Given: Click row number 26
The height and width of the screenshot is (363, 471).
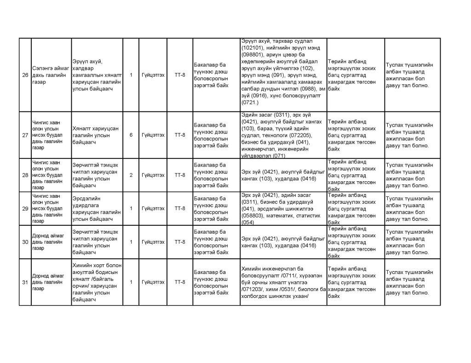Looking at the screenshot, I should click(x=25, y=75).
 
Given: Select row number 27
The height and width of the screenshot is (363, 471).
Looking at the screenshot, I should click(x=25, y=135).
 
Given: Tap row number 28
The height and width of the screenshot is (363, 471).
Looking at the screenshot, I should click(x=25, y=175).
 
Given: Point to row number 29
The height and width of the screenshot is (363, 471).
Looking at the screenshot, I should click(x=25, y=208).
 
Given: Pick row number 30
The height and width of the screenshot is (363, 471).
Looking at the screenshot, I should click(x=25, y=242).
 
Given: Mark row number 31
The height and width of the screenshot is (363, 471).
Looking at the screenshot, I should click(x=25, y=282).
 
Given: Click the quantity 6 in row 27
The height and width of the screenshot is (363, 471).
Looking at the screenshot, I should click(x=131, y=135).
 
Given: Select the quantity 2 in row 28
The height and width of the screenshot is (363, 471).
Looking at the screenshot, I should click(x=131, y=175).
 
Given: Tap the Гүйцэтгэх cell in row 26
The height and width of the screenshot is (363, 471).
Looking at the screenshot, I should click(x=153, y=75).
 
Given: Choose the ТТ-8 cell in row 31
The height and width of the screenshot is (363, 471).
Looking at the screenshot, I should click(x=180, y=282).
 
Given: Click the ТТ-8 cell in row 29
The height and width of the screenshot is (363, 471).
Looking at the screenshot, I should click(x=180, y=208).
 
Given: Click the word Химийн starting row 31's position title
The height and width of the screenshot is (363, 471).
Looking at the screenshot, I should click(x=81, y=265).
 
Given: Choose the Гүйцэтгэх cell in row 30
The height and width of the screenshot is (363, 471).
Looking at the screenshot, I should click(x=153, y=242).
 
